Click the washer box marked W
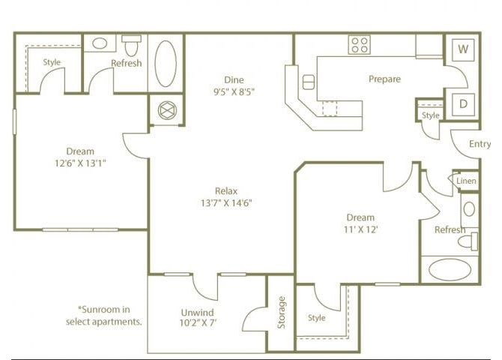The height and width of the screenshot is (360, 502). (463, 49)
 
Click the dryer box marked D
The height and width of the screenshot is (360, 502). (463, 104)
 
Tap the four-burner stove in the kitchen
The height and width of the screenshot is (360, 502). (360, 45)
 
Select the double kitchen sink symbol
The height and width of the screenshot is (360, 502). (309, 82)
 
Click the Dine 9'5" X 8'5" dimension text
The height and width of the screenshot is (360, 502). (234, 92)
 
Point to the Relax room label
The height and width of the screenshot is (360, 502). (226, 191)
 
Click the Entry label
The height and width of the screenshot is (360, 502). (480, 144)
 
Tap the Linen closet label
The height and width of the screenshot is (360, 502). (466, 181)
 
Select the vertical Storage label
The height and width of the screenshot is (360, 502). (281, 313)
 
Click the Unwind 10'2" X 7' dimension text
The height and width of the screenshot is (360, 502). (198, 322)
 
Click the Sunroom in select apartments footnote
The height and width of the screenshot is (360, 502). (104, 316)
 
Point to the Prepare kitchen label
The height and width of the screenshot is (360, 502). (384, 79)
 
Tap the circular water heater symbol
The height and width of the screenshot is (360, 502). (167, 110)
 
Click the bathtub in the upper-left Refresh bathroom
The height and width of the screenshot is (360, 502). (166, 64)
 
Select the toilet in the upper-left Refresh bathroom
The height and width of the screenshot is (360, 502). (131, 46)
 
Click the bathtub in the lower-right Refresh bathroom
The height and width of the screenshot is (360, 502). (450, 270)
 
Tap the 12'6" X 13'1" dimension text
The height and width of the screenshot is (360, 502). (80, 163)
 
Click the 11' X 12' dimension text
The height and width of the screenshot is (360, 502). (361, 229)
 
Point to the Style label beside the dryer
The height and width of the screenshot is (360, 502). (430, 115)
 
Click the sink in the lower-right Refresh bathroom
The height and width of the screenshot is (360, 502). (469, 209)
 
